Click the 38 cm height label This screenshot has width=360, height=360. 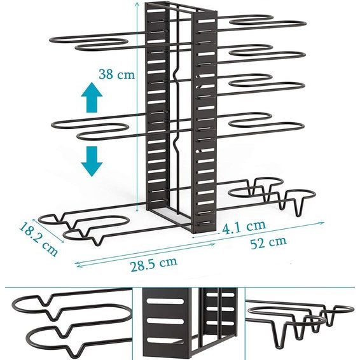[x=116, y=74]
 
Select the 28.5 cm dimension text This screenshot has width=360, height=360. [x=154, y=263]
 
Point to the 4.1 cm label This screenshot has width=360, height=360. [x=244, y=227]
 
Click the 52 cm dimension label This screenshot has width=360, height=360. [x=268, y=242]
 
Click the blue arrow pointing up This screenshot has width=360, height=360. [x=92, y=97]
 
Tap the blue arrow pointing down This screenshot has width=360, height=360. [x=92, y=162]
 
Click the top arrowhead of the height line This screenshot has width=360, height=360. [x=137, y=3]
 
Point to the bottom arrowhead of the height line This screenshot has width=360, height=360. [x=137, y=210]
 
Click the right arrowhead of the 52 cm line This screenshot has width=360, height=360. [x=322, y=223]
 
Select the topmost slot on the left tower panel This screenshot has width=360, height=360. [x=157, y=11]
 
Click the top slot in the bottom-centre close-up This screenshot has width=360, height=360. [x=165, y=301]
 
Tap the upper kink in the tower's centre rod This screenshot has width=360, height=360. [x=175, y=74]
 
